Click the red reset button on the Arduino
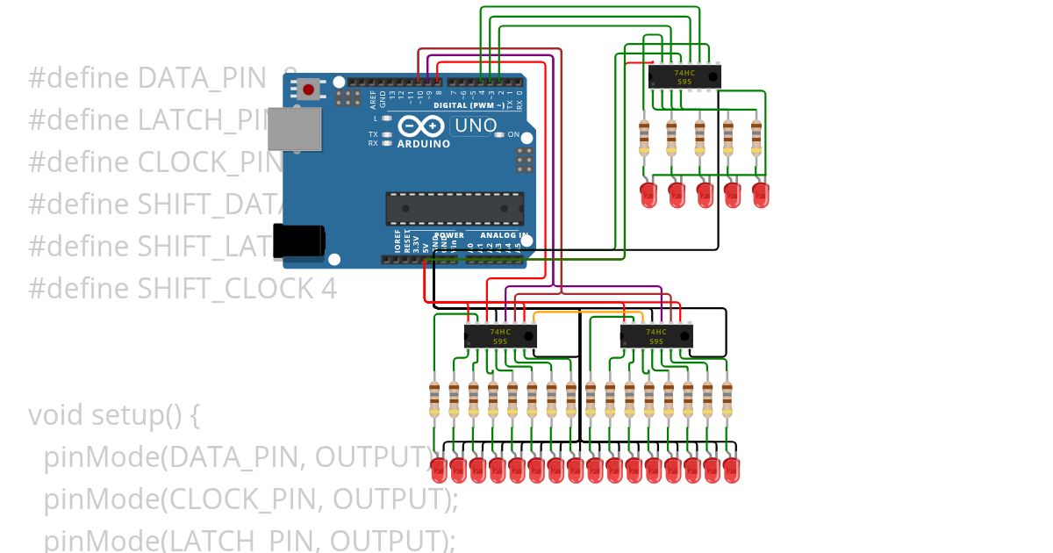tap(308, 89)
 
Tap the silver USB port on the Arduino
tap(293, 130)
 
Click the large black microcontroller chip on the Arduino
tap(455, 209)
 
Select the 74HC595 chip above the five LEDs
tap(684, 77)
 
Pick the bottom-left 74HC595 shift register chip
tap(500, 336)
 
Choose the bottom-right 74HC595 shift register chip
tap(656, 336)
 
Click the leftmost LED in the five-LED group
tap(648, 194)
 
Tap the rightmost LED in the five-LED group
tap(760, 194)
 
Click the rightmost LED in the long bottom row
tap(731, 469)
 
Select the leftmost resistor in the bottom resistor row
tap(434, 399)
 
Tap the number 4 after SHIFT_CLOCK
tap(330, 289)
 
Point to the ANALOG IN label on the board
tap(504, 235)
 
